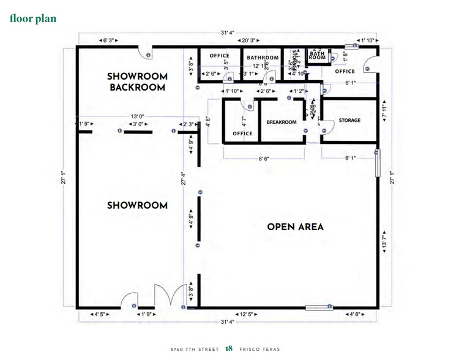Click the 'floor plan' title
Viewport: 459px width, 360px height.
[x=33, y=18]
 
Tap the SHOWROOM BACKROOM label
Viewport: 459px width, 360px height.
[x=136, y=82]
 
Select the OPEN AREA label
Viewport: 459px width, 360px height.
[x=295, y=227]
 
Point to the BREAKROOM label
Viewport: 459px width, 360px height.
[x=282, y=122]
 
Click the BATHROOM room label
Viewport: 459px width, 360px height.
[x=263, y=58]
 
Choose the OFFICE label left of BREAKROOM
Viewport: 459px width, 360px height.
[x=242, y=133]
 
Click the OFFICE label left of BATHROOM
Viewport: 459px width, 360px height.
[x=219, y=56]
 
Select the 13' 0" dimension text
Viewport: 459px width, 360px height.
[x=137, y=116]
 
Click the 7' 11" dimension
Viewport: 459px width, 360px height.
[x=384, y=115]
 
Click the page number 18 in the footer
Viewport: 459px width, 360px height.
[x=229, y=348]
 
